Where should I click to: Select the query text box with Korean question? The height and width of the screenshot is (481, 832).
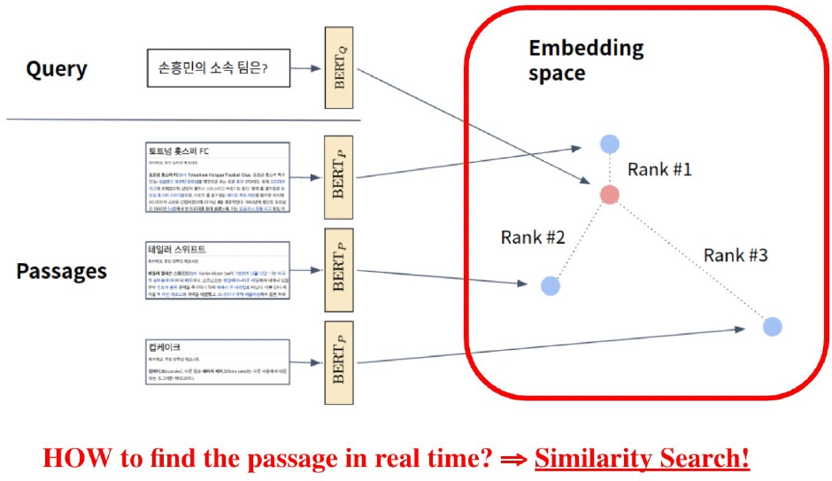click(x=218, y=68)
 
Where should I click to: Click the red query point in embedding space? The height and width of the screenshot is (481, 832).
click(x=610, y=195)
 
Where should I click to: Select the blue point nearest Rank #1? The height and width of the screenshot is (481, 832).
click(x=609, y=144)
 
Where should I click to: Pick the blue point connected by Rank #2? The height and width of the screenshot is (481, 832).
click(x=551, y=285)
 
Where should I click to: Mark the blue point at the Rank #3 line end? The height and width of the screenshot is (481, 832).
click(x=772, y=326)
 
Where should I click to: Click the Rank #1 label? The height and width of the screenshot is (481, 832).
click(x=659, y=168)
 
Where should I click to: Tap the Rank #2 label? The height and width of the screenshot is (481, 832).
click(x=532, y=237)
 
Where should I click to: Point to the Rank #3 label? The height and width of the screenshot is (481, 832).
click(x=736, y=256)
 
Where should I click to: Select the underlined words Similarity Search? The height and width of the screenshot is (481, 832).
click(x=642, y=458)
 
